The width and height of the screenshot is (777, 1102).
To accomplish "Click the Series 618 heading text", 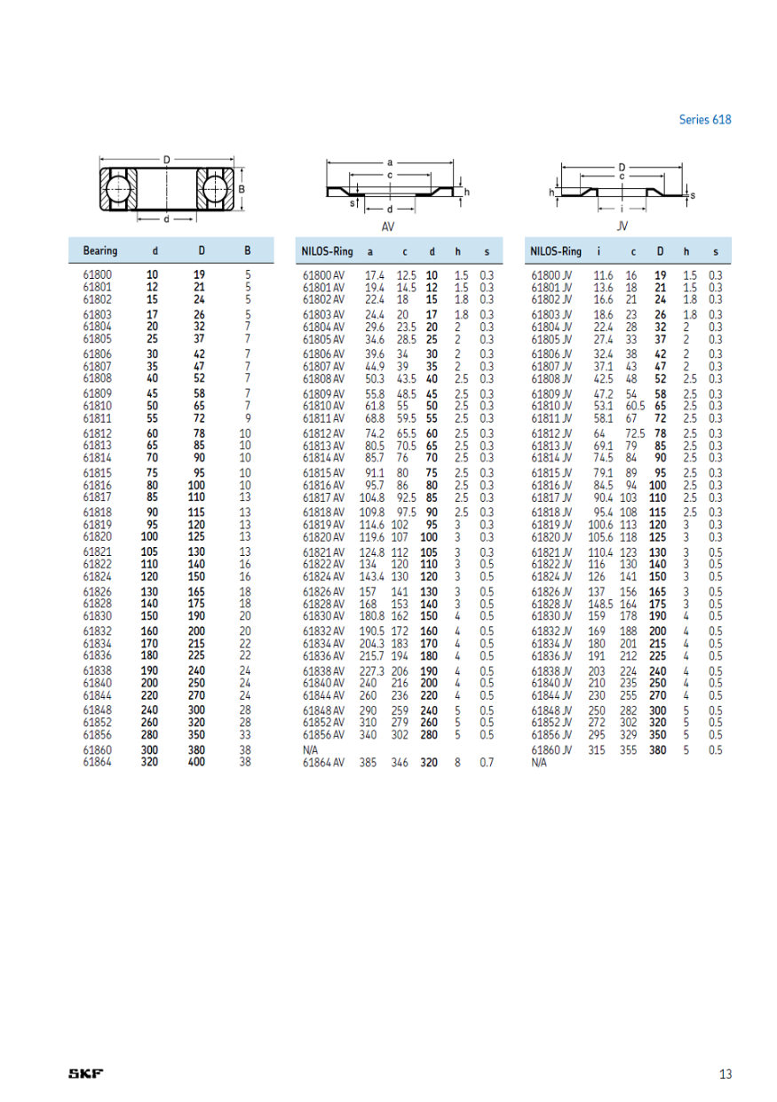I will tap(705, 119).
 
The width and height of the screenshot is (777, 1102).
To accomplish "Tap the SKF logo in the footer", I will tap(86, 1074).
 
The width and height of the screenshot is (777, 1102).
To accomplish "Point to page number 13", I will tap(725, 1074).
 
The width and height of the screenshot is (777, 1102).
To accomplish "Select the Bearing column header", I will tap(99, 251).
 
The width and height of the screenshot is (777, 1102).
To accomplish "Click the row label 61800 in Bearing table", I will tap(97, 275).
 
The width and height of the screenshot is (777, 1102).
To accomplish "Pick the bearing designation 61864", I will tap(97, 762).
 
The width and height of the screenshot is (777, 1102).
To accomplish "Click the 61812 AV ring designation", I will tap(323, 433).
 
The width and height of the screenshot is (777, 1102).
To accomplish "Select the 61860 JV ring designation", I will tap(551, 750).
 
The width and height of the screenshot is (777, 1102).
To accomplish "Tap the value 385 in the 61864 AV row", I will tap(369, 763).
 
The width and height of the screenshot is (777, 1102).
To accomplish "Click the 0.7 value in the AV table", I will tap(487, 763).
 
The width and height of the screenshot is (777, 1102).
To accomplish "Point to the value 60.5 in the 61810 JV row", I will tap(631, 406).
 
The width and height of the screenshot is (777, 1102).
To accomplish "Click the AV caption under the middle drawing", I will tap(387, 226).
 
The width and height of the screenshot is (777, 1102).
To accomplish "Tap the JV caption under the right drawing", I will tap(622, 226).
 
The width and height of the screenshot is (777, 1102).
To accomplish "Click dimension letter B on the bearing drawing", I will tap(242, 189).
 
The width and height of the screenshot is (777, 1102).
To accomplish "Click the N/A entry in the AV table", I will tap(311, 750).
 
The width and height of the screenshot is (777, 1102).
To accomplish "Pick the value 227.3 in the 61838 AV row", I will tap(372, 671).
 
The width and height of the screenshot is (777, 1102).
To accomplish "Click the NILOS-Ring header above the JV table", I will tap(556, 251).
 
